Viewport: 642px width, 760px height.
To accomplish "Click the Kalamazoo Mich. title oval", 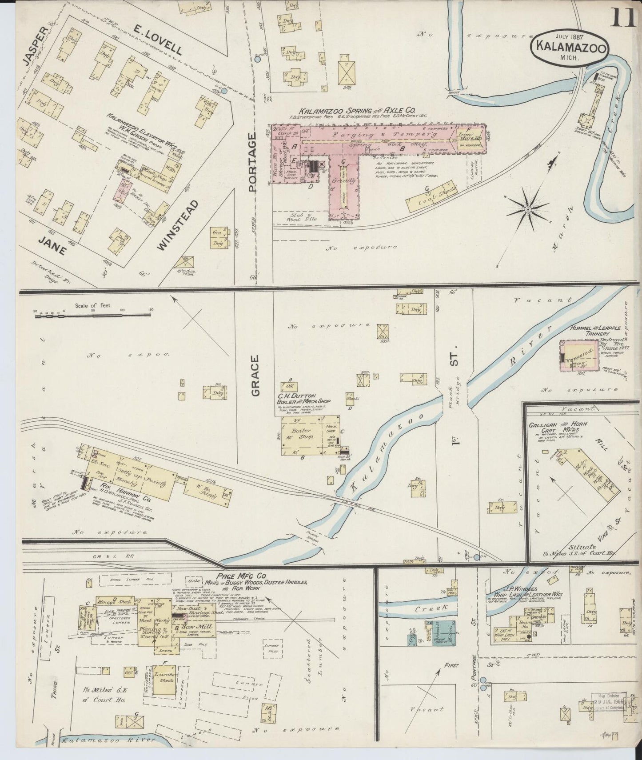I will pos(570,46).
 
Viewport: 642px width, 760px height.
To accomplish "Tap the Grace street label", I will pos(255,375).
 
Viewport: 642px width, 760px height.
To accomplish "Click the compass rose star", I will pos(527,208).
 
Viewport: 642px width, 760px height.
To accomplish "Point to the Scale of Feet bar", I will pos(93,316).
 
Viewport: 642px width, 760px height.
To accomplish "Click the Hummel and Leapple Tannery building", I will pos(579,355).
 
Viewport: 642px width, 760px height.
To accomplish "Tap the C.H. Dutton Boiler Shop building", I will pos(302,435).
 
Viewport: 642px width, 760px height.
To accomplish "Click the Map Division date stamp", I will pos(609,702).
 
